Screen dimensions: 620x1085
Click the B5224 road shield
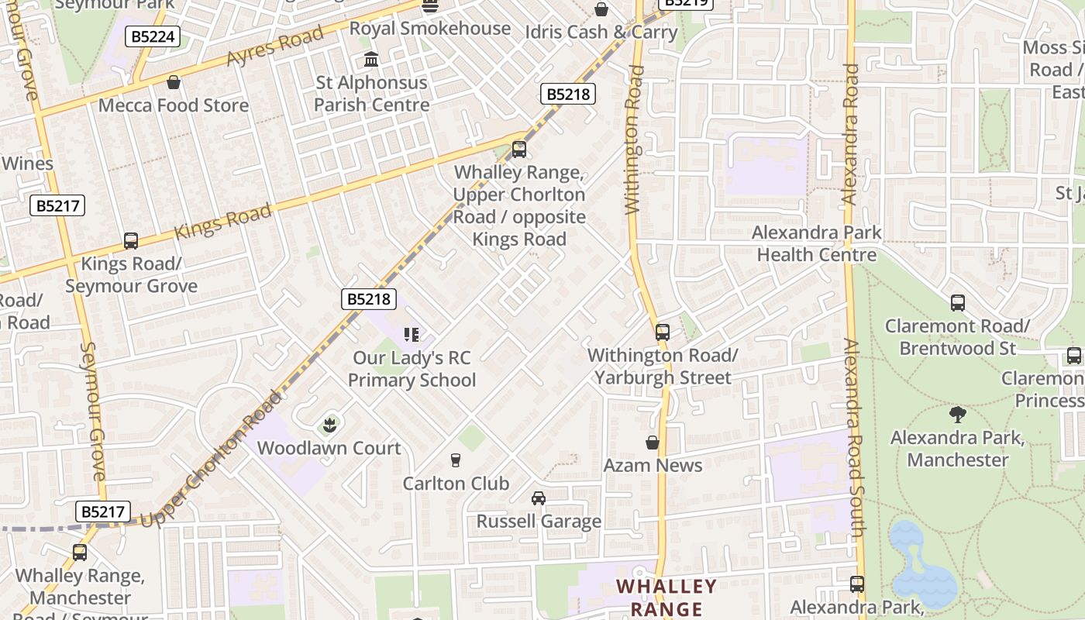154,36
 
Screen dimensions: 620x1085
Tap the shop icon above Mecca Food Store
174,82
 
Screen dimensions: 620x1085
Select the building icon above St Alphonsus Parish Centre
371,60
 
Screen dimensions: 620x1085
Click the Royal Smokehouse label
429,29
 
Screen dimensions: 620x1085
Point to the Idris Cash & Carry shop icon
601,9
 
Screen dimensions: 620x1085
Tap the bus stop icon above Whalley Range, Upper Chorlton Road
519,149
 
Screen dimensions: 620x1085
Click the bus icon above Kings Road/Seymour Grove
131,241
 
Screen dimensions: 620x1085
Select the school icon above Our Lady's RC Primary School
412,335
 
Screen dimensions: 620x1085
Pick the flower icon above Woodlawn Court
329,425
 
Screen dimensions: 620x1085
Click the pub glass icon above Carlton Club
456,460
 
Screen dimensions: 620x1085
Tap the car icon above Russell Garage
539,498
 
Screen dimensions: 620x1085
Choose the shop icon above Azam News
653,443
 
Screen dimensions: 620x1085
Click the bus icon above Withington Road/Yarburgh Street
663,332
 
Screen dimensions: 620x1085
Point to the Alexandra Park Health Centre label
817,243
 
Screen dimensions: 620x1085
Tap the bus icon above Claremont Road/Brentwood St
958,303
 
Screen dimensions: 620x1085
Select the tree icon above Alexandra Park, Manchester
958,414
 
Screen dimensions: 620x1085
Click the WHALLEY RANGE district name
666,597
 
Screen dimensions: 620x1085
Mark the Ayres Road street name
274,46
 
